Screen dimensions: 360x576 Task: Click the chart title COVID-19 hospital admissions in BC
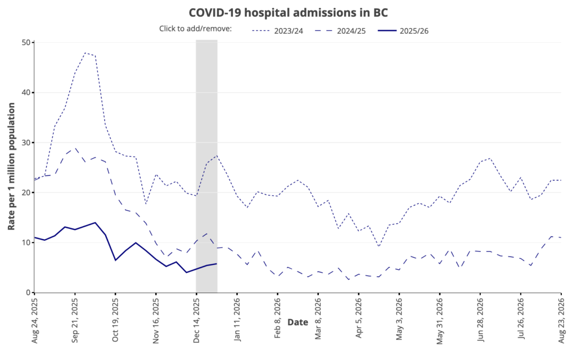click(x=287, y=12)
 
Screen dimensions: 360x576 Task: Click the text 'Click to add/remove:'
click(x=196, y=29)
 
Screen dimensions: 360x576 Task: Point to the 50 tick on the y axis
click(x=26, y=43)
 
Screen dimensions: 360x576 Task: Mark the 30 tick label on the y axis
click(x=26, y=143)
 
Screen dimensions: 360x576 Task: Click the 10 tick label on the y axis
click(x=26, y=243)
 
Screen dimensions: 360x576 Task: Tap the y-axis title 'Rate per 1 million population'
click(x=11, y=167)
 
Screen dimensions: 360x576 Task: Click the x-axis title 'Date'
click(x=298, y=322)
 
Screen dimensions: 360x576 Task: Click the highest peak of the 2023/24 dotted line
click(x=85, y=53)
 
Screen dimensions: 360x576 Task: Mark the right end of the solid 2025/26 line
click(x=217, y=264)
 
